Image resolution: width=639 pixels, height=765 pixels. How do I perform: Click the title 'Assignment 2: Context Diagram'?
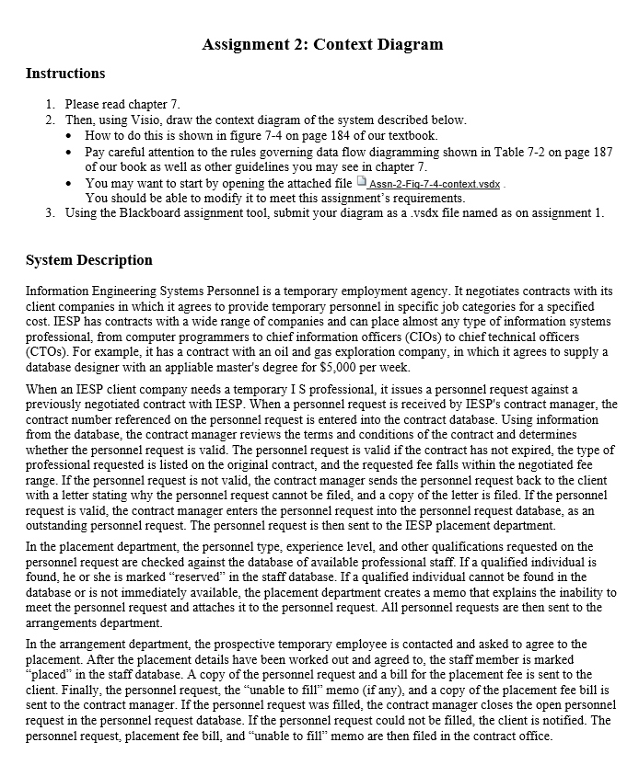pos(322,44)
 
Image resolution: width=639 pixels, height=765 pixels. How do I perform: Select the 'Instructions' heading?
pos(65,74)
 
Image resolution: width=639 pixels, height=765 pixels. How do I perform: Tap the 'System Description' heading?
pos(89,260)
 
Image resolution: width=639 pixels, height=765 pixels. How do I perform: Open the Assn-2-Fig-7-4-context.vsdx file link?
pos(435,184)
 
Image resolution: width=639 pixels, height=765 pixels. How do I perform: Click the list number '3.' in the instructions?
pos(51,214)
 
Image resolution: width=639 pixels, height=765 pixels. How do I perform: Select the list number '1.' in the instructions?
pos(51,105)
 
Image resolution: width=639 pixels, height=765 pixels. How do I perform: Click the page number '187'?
pos(602,152)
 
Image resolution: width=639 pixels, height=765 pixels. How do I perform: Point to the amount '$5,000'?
pos(323,366)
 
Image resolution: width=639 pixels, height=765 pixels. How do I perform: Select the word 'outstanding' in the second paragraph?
pos(58,527)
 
